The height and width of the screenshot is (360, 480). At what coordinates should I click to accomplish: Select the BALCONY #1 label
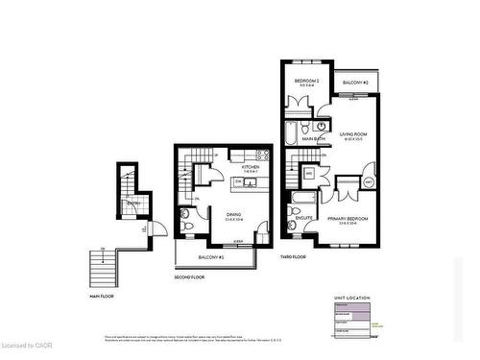[x=211, y=257]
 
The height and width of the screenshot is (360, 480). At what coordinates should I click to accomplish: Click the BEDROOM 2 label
[x=306, y=82]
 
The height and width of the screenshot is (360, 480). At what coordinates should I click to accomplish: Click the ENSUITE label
[x=303, y=218]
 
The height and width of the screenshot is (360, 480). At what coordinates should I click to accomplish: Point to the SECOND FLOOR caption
[x=189, y=277]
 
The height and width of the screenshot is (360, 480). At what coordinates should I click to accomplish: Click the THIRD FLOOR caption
[x=294, y=257]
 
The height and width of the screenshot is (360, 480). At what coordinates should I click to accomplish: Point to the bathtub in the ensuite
[x=299, y=201]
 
